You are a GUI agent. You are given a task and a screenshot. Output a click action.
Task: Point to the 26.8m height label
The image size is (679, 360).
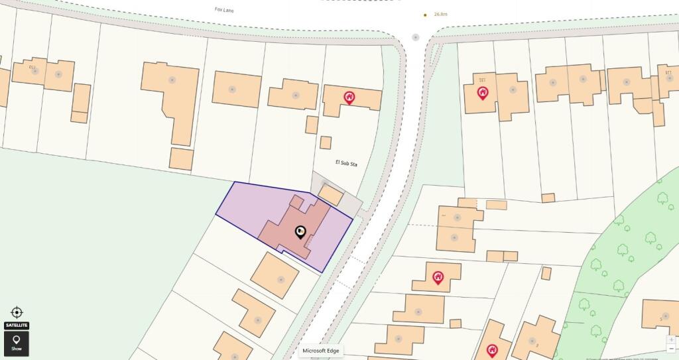pyautogui.click(x=441, y=14)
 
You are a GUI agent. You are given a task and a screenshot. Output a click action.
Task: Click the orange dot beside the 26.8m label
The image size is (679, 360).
pyautogui.click(x=426, y=14)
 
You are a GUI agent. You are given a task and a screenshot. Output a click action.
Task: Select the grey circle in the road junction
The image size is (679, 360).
pyautogui.click(x=416, y=37)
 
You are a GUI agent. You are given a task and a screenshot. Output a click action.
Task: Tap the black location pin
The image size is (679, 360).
pyautogui.click(x=300, y=231)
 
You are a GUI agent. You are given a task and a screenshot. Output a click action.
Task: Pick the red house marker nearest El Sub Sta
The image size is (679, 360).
pyautogui.click(x=349, y=97)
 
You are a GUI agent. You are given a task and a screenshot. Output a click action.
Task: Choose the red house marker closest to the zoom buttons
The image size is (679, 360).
pyautogui.click(x=492, y=349)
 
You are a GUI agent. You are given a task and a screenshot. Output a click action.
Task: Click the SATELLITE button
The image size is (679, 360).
pyautogui.click(x=17, y=325)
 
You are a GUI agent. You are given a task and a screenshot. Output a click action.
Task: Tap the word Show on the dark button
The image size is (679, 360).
pyautogui.click(x=17, y=349)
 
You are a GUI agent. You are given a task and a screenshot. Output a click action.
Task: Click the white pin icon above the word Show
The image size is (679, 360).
pyautogui.click(x=17, y=339)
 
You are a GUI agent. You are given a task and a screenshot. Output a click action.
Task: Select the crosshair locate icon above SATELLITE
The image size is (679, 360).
pyautogui.click(x=17, y=312)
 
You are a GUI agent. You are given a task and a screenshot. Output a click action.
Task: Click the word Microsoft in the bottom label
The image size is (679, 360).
pyautogui.click(x=315, y=351)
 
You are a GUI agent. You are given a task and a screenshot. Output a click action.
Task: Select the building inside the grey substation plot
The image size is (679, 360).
pyautogui.click(x=331, y=194)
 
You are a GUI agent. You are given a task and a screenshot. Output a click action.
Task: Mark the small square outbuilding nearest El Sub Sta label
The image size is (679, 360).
pyautogui.click(x=326, y=143)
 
